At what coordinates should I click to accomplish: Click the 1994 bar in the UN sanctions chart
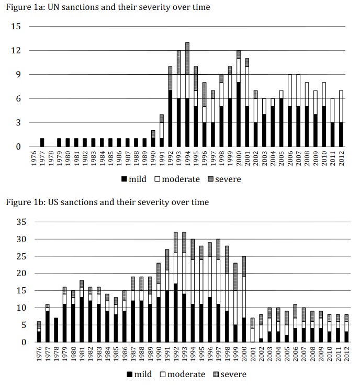[187, 94]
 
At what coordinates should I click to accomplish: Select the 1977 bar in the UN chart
[42, 142]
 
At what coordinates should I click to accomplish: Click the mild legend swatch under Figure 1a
[124, 179]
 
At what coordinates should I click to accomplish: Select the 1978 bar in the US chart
[57, 330]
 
